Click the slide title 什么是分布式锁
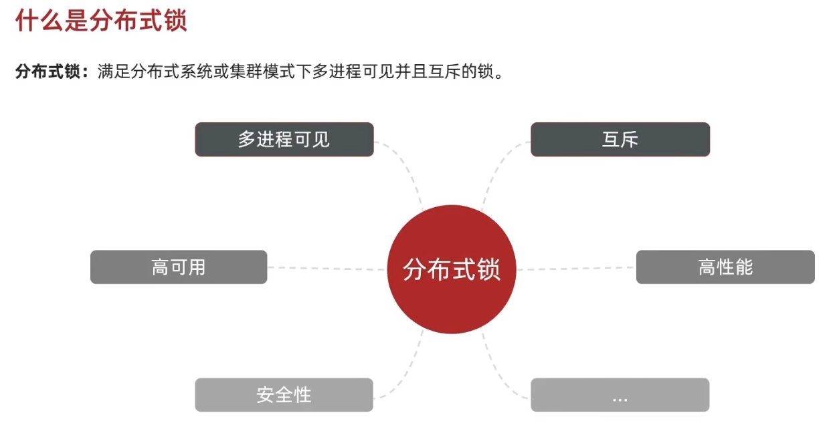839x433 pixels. coord(100,21)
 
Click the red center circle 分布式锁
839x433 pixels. coord(452,269)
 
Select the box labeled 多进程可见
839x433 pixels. coord(284,139)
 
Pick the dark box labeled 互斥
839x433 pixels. coord(620,139)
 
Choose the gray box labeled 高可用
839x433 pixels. coord(179,267)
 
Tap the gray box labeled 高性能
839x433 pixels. coord(725,267)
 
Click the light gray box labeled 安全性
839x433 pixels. coord(284,395)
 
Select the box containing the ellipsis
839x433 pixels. coord(620,395)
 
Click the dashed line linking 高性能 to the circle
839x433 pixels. coord(575,269)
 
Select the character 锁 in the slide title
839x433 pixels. coord(175,21)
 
